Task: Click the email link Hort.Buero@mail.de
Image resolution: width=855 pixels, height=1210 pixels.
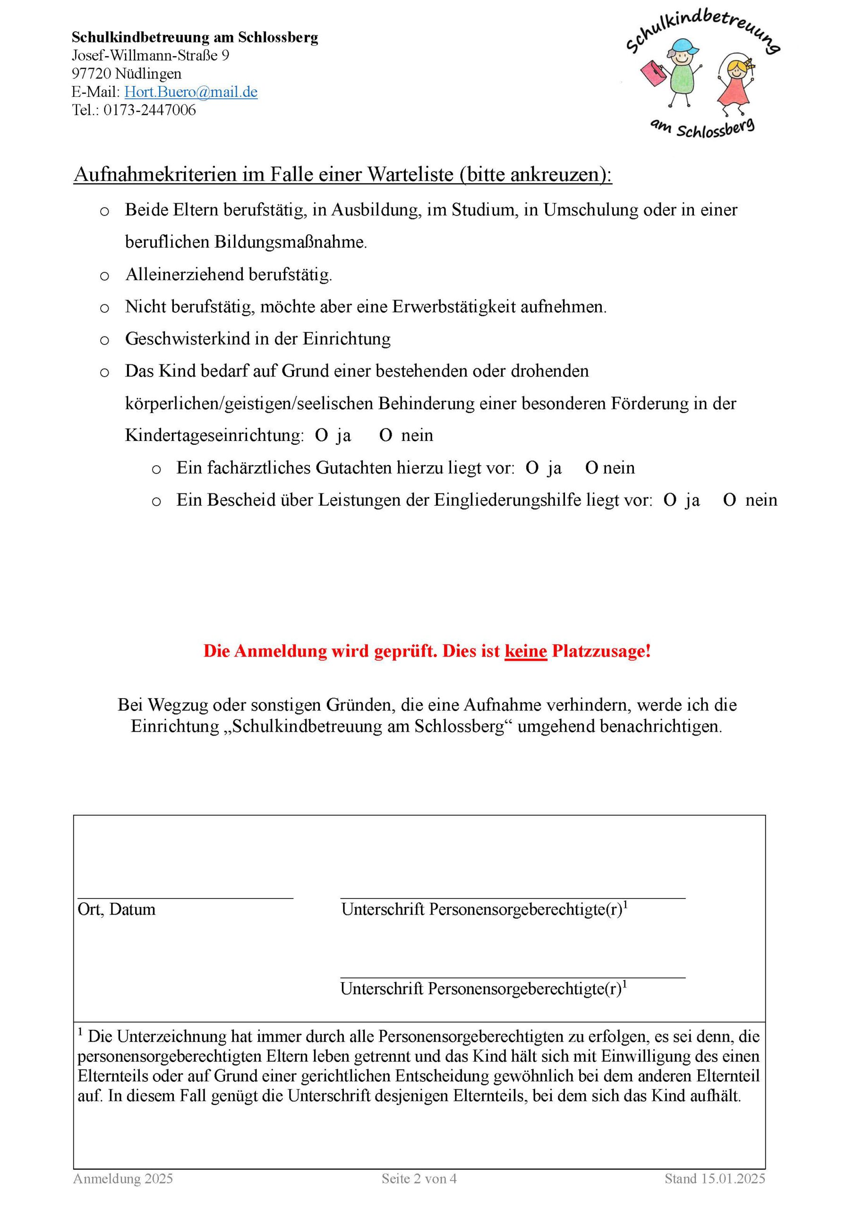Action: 191,92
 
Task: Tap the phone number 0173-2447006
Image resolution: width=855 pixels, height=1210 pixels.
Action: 150,110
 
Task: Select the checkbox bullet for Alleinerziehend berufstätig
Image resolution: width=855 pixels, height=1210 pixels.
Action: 104,276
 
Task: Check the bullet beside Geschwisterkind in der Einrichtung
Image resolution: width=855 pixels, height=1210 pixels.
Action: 104,340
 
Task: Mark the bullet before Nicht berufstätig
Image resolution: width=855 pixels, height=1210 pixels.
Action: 104,308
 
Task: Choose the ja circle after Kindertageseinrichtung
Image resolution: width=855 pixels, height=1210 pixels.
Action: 321,436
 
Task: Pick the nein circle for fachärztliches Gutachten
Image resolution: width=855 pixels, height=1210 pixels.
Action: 591,468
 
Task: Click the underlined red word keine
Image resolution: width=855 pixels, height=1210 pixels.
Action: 525,651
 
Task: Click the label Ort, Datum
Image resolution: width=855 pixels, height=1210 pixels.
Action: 116,909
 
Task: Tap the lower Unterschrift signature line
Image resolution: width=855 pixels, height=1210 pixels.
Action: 512,977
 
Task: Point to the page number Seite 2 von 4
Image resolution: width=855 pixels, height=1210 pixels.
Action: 419,1178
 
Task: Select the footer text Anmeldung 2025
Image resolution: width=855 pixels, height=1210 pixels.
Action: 123,1178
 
